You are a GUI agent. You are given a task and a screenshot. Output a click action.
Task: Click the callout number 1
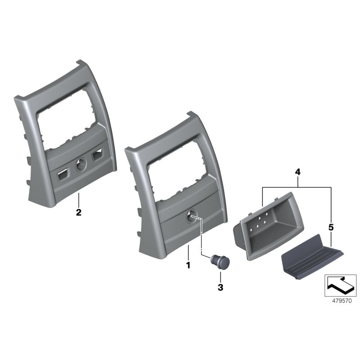(x=188, y=265)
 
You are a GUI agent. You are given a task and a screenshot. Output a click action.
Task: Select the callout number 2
(x=78, y=212)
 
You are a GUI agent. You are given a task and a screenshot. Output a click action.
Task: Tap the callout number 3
(x=220, y=287)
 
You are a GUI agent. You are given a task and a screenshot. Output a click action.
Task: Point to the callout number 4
(x=297, y=172)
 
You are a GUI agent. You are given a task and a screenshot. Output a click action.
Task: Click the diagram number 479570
(x=342, y=301)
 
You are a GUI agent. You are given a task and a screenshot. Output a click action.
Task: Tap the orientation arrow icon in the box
(x=340, y=285)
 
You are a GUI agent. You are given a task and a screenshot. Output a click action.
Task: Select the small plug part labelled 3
(x=220, y=261)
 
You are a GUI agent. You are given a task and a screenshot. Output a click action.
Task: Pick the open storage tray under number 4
(x=268, y=226)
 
